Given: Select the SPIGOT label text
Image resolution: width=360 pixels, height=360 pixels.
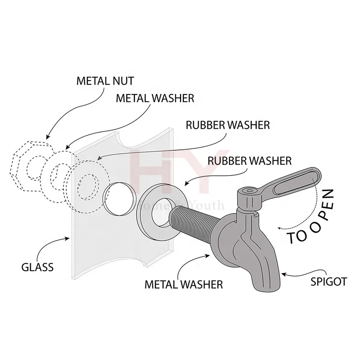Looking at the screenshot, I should coord(327,282).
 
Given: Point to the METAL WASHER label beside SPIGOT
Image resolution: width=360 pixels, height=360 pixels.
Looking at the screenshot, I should coord(184,284).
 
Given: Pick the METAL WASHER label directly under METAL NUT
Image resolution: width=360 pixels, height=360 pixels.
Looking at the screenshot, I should coord(154,98).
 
